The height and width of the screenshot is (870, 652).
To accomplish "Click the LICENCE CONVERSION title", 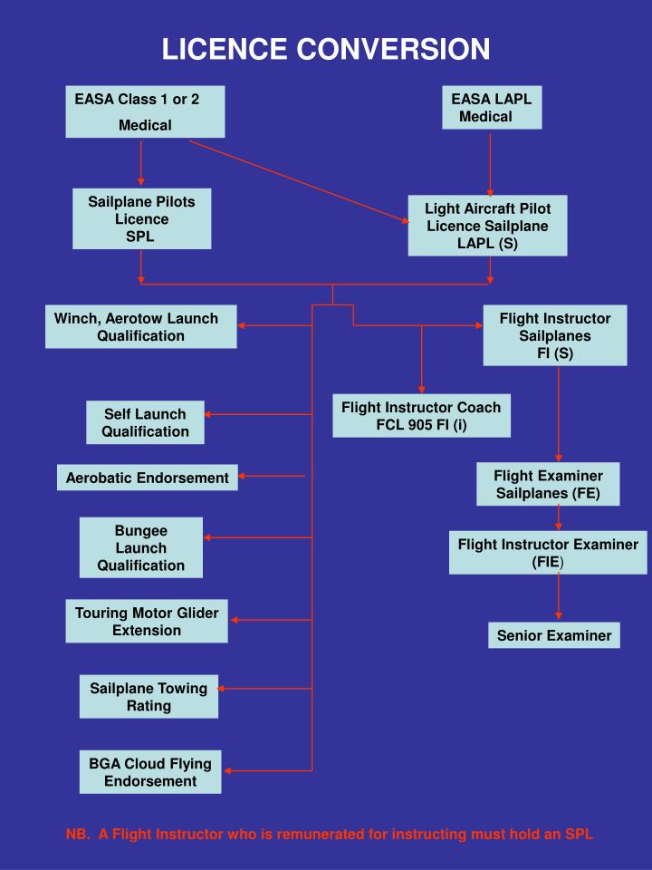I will tap(326, 48).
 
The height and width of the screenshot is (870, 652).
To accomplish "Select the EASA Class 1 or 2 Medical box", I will tap(145, 111).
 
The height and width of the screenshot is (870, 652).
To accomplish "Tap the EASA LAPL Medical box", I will tap(492, 107).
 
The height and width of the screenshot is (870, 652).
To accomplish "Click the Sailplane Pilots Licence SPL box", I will tap(141, 218).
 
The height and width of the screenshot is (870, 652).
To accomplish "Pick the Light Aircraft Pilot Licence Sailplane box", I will tap(487, 226).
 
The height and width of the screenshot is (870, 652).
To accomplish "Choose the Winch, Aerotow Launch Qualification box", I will tap(141, 326).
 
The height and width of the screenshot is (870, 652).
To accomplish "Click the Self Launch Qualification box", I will tap(145, 422).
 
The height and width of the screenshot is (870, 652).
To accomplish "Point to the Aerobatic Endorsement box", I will tap(147, 477).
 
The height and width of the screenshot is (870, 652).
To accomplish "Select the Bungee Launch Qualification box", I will tap(140, 547).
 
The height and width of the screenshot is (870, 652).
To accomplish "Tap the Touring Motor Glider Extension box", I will tap(147, 621).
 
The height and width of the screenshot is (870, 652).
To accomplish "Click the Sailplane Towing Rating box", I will tap(149, 696).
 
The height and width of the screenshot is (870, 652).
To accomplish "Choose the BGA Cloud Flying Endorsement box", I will tap(149, 771).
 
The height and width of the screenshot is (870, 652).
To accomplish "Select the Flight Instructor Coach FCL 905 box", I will tap(420, 416).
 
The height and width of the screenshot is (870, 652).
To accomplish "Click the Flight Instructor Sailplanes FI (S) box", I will tap(554, 335).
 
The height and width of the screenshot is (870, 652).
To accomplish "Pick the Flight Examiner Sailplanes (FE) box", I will tap(548, 484).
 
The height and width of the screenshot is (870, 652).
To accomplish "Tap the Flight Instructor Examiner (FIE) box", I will tap(548, 553).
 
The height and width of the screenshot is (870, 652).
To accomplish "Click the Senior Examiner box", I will tap(553, 635).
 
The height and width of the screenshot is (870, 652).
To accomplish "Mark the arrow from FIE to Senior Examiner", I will tap(559, 597).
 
